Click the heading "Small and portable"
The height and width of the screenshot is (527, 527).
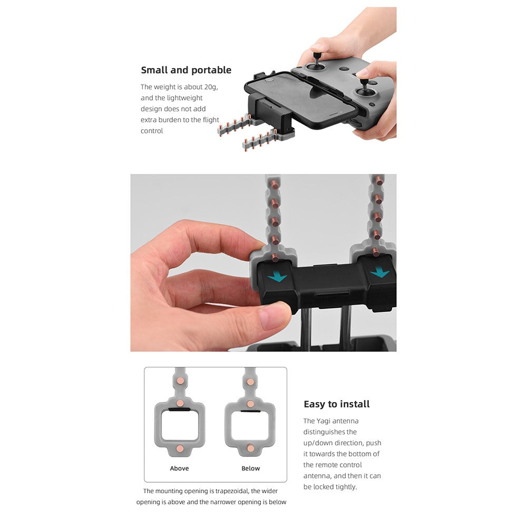point(186,70)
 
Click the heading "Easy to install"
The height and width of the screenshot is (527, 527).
point(336,404)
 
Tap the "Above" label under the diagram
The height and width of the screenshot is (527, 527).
point(179,468)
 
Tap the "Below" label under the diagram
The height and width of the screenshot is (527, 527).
point(251,468)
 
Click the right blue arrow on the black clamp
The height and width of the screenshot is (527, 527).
point(380,272)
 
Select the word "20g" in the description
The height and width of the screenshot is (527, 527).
point(211,87)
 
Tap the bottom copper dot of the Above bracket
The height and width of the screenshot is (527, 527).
point(180,448)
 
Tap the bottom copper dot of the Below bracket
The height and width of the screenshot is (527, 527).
point(250,448)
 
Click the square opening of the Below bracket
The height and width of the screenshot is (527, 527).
point(250,426)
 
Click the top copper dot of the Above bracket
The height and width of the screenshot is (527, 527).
point(180,381)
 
